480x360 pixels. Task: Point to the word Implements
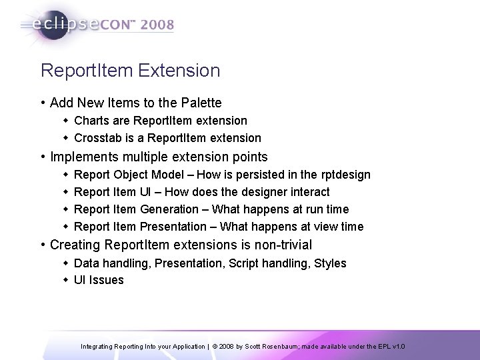click(x=82, y=157)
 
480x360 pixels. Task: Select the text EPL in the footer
click(x=384, y=347)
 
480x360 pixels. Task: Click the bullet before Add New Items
click(x=43, y=104)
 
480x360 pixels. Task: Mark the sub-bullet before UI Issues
click(x=66, y=280)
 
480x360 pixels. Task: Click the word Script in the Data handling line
click(x=239, y=263)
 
